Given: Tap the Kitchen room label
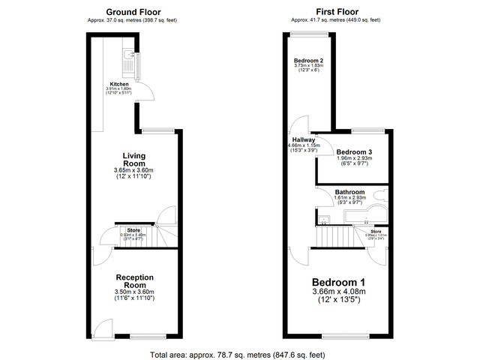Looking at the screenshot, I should point(118,83).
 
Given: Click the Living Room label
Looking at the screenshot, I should point(135,160).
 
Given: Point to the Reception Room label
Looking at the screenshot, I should point(133,280).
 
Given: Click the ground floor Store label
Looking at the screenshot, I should point(133,229).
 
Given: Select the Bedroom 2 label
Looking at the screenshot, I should point(308,60).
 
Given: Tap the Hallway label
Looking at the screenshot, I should point(304,139).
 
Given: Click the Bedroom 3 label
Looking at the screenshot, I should point(354,151).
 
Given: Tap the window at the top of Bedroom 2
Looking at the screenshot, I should point(307,34).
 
